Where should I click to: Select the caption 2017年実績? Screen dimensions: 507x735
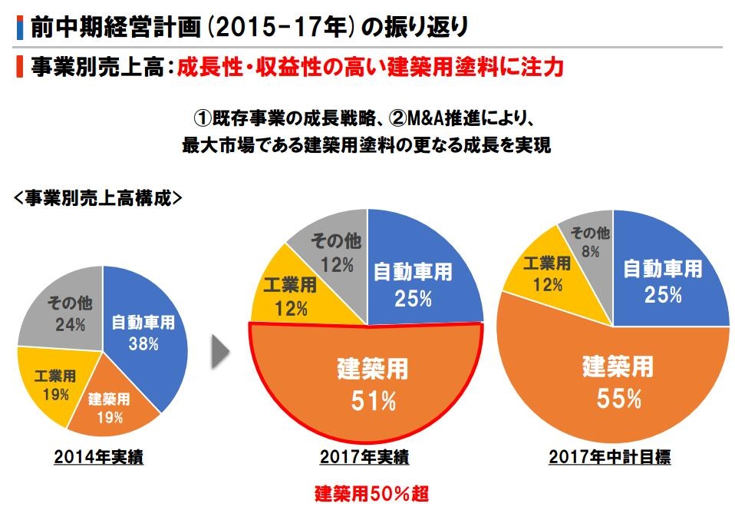[x=364, y=458]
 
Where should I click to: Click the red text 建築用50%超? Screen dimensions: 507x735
[x=365, y=492]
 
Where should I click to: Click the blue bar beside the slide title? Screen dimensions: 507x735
[x=19, y=27]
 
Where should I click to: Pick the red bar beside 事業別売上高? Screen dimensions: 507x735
[x=19, y=66]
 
